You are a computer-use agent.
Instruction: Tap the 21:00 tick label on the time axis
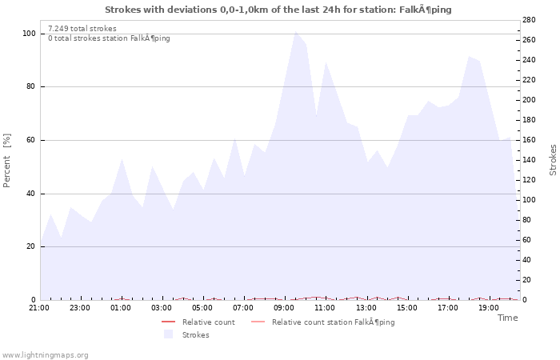click(x=38, y=307)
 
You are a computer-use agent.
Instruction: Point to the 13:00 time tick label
click(x=366, y=307)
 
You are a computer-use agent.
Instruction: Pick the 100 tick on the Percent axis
click(x=29, y=34)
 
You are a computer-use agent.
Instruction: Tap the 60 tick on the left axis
click(x=30, y=140)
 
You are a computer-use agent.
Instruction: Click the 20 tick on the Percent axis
click(x=30, y=246)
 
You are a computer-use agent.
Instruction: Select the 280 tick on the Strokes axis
click(x=529, y=19)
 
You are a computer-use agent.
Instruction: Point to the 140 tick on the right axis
click(x=529, y=160)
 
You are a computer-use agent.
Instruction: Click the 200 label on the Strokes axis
click(x=529, y=100)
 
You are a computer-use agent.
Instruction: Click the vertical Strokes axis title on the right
click(x=553, y=160)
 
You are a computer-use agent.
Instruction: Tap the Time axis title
click(x=507, y=318)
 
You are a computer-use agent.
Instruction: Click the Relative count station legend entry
click(x=333, y=322)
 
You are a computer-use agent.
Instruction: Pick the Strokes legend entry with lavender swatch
click(x=195, y=335)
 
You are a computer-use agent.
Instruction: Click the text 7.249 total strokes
click(x=82, y=28)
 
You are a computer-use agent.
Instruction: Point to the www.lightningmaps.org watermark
click(x=46, y=354)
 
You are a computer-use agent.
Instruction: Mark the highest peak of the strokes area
click(x=295, y=32)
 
